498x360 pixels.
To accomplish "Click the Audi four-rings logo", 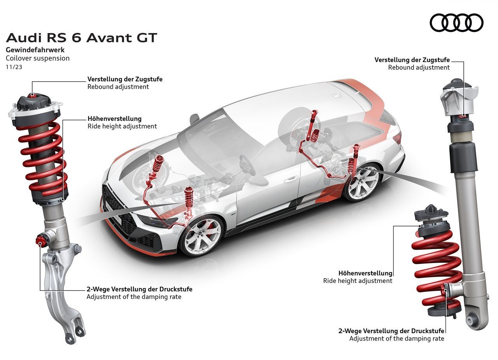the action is (456, 23).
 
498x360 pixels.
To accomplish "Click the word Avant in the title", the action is (109, 38).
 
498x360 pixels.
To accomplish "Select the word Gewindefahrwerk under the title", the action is (35, 50).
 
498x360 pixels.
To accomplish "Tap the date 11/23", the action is (14, 67).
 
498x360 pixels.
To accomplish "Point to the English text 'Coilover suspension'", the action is (38, 58).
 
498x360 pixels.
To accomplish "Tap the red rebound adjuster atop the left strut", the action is (32, 95).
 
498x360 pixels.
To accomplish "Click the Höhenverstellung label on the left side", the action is (114, 119).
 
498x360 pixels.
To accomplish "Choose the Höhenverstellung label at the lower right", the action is (365, 273).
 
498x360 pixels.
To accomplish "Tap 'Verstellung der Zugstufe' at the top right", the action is (412, 60).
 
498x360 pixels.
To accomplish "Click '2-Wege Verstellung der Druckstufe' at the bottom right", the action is (391, 331).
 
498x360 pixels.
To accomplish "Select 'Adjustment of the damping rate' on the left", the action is (134, 297).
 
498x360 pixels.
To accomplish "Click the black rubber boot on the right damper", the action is (464, 158).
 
